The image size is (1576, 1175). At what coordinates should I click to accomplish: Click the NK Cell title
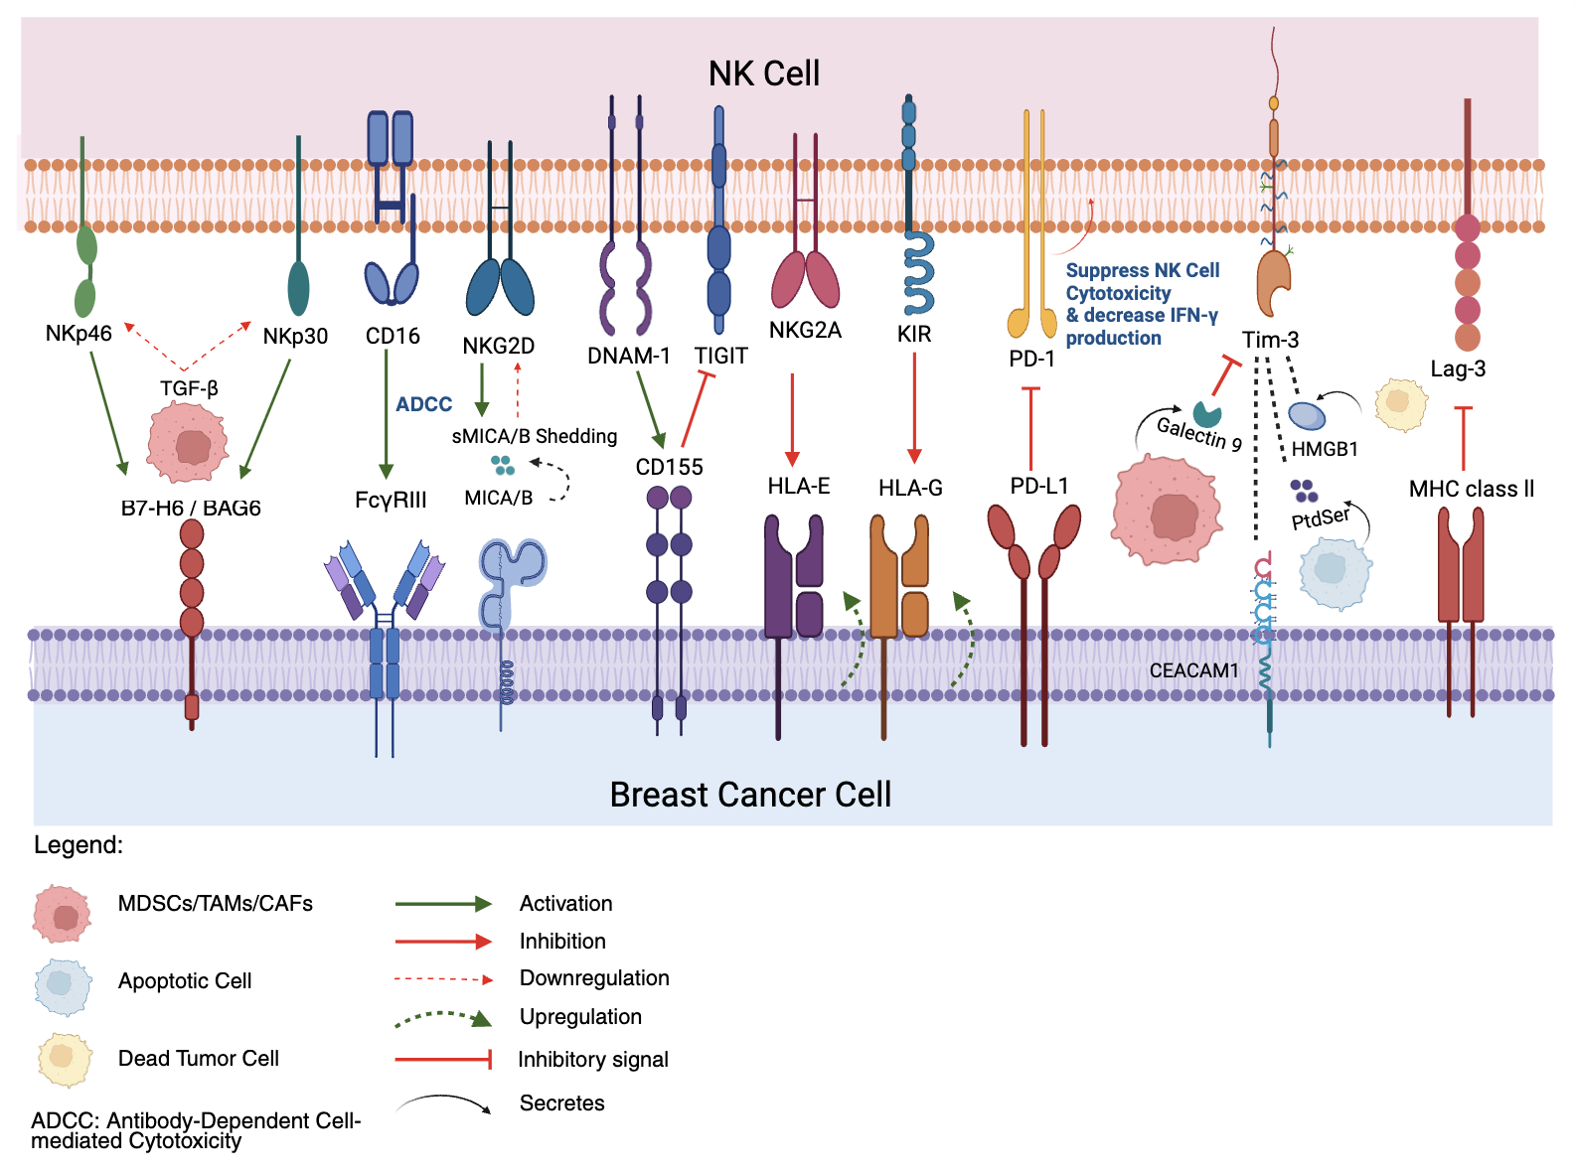pyautogui.click(x=763, y=73)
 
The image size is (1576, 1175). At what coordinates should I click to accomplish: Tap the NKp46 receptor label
pyautogui.click(x=79, y=334)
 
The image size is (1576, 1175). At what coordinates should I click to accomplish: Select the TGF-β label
pyautogui.click(x=189, y=388)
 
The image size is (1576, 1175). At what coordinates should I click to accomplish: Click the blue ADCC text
pyautogui.click(x=423, y=404)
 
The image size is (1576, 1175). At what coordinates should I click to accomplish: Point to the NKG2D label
pyautogui.click(x=499, y=346)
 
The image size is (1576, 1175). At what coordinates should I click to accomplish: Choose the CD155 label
pyautogui.click(x=669, y=467)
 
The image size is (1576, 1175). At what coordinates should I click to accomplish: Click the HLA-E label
pyautogui.click(x=798, y=486)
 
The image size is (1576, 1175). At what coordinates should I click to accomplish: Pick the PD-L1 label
pyautogui.click(x=1038, y=486)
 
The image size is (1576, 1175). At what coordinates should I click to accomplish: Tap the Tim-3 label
pyautogui.click(x=1270, y=340)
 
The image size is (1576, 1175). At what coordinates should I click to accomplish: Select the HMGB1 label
pyautogui.click(x=1324, y=449)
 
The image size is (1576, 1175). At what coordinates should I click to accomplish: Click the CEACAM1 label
pyautogui.click(x=1193, y=670)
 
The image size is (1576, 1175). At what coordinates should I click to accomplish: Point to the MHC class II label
pyautogui.click(x=1471, y=489)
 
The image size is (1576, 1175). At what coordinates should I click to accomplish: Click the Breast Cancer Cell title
pyautogui.click(x=750, y=795)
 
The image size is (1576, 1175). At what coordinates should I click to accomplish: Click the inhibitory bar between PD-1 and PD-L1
pyautogui.click(x=1030, y=427)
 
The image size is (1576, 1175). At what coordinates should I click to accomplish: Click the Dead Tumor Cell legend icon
pyautogui.click(x=65, y=1060)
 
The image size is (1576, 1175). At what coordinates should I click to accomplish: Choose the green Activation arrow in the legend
pyautogui.click(x=443, y=904)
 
